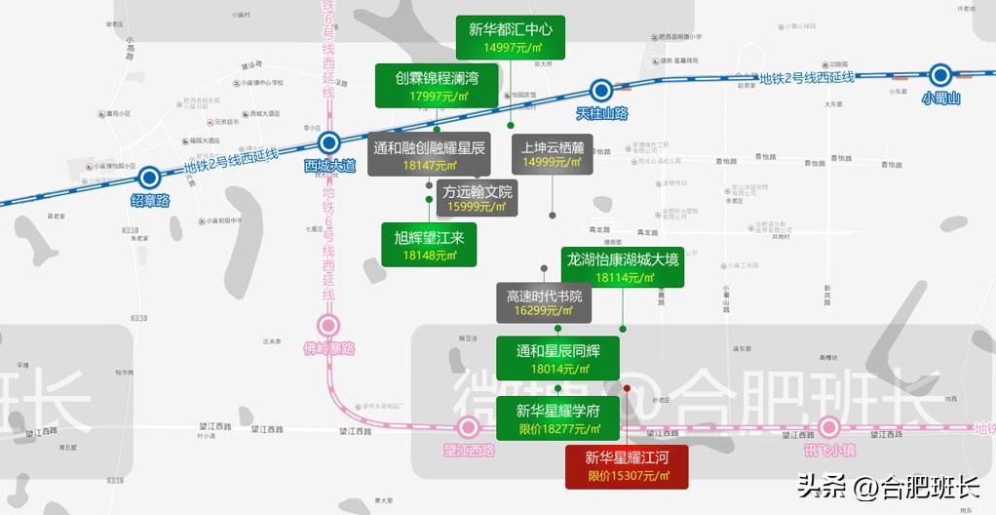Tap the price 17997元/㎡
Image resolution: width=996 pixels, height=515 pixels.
click(439, 97)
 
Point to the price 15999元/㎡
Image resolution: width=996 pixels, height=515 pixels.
click(477, 207)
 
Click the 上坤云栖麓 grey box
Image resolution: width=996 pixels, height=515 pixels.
click(553, 154)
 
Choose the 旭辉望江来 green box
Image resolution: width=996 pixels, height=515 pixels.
click(429, 245)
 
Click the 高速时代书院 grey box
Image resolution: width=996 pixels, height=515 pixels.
click(544, 303)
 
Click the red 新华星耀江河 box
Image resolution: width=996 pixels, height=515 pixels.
click(628, 466)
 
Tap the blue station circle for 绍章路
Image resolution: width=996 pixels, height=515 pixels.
click(149, 178)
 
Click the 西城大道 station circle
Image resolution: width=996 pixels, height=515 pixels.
click(329, 143)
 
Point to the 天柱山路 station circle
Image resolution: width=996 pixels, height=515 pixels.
click(601, 91)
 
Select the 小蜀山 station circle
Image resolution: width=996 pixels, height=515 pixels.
click(940, 74)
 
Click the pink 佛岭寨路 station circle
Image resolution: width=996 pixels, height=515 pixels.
click(328, 326)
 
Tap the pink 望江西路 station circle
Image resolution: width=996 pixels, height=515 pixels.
click(469, 427)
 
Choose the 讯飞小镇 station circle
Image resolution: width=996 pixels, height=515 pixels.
click(829, 427)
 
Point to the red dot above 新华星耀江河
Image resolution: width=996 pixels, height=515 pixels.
click(627, 388)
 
